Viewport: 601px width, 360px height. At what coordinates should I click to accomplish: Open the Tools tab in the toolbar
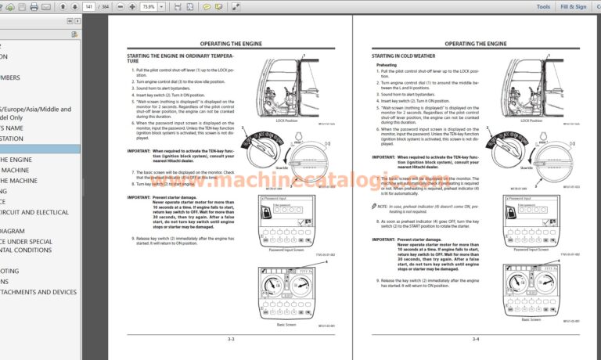coord(543,6)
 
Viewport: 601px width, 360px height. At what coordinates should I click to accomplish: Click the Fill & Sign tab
coord(574,6)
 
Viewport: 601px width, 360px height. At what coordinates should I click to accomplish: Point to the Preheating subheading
coord(398,65)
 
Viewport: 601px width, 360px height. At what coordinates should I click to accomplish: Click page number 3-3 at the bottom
coord(231,339)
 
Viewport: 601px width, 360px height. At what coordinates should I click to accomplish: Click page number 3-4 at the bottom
coord(476,339)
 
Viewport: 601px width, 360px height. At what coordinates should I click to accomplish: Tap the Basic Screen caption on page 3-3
coord(286,324)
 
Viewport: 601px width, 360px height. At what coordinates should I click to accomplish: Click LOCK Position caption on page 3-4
coord(531,121)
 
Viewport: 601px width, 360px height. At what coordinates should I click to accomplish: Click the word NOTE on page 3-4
coord(383,206)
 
